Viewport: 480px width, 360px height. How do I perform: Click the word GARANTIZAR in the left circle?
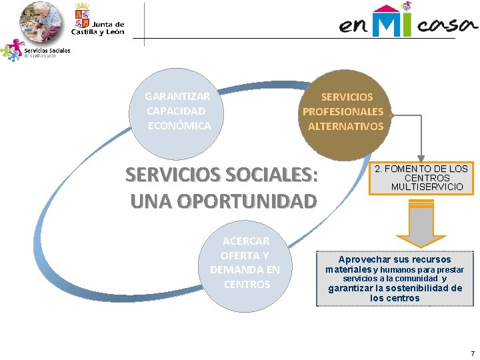click(x=177, y=97)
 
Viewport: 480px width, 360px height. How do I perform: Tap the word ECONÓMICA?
click(x=179, y=126)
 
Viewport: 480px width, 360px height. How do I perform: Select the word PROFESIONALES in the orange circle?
click(x=343, y=111)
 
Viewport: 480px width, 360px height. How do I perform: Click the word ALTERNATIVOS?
click(x=345, y=126)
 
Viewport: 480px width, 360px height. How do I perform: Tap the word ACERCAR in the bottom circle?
click(x=246, y=241)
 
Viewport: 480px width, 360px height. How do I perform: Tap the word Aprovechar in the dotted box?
click(x=366, y=259)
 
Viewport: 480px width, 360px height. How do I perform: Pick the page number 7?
click(x=473, y=353)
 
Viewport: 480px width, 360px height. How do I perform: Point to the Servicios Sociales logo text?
click(x=47, y=51)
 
